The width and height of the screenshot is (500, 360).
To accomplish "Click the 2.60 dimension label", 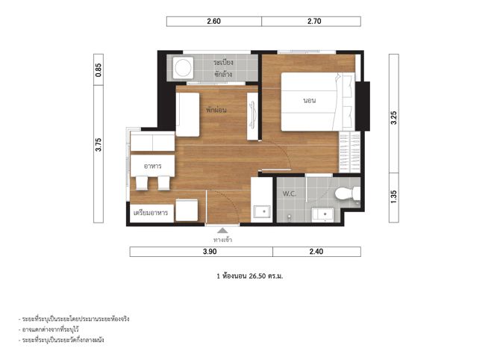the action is coord(213,22).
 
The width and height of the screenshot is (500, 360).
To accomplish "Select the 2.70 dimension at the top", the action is coord(314,22).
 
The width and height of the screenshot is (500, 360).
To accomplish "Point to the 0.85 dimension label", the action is coord(99,70).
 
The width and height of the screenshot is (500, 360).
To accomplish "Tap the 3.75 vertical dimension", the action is coord(99,145).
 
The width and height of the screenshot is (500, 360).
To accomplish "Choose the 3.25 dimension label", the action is coord(394,118).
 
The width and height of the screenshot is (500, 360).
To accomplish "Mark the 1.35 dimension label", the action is coord(394,197).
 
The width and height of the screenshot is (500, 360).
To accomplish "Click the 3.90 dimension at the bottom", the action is coord(210,252).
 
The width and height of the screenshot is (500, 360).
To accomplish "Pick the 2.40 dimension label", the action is coord(316,252).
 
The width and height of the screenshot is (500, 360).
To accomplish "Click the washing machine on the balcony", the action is coord(184,68).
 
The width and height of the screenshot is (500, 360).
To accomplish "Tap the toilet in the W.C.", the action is coord(347,193).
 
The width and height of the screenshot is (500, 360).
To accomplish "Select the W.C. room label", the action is coord(290,193).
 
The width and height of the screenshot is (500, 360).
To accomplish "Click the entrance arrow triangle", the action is coord(222,231).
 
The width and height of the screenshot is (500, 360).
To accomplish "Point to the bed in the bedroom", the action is coord(318,102).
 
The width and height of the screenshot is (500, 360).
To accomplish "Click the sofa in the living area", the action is coord(187,114).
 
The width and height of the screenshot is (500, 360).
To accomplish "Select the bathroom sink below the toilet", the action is coord(322,214).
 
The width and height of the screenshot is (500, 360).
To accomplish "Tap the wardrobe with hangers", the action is coord(349,152).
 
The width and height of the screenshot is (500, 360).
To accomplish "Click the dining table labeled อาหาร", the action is coord(152,166).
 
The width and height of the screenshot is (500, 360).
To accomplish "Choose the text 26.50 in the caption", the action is coord(257,276).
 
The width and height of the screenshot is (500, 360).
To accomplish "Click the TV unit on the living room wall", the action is coord(252,117).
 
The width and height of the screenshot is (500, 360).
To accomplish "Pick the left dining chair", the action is coord(142,183).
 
